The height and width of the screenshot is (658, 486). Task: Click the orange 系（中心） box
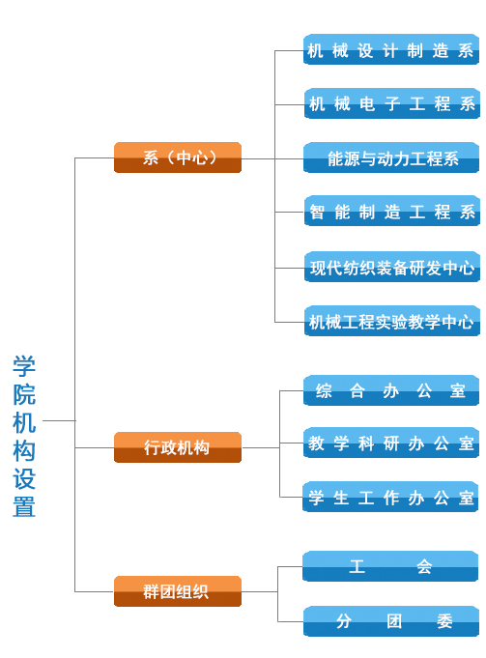178,157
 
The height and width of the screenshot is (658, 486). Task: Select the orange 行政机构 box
178,447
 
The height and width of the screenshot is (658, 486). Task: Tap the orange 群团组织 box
178,591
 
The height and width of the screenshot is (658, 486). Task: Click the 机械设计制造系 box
391,49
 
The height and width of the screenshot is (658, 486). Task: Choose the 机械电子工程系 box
392,103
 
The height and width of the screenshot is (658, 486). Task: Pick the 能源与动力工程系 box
391,157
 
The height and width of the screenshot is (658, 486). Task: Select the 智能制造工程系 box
392,211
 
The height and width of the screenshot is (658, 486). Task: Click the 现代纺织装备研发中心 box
392,267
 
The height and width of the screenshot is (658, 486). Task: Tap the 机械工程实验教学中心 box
392,321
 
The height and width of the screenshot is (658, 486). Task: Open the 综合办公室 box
391,390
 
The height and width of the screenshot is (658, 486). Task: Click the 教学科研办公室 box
391,443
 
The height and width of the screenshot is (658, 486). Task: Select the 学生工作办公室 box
390,497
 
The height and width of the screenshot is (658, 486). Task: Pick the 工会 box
390,566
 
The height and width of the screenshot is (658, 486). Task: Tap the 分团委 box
391,621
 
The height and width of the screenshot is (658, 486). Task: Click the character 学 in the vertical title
24,366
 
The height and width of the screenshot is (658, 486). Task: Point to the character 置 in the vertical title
24,507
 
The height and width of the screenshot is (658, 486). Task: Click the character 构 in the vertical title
24,450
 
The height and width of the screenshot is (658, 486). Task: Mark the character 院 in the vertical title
24,394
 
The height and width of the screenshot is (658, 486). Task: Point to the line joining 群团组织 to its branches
259,591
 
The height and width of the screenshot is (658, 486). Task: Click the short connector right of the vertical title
59,420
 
